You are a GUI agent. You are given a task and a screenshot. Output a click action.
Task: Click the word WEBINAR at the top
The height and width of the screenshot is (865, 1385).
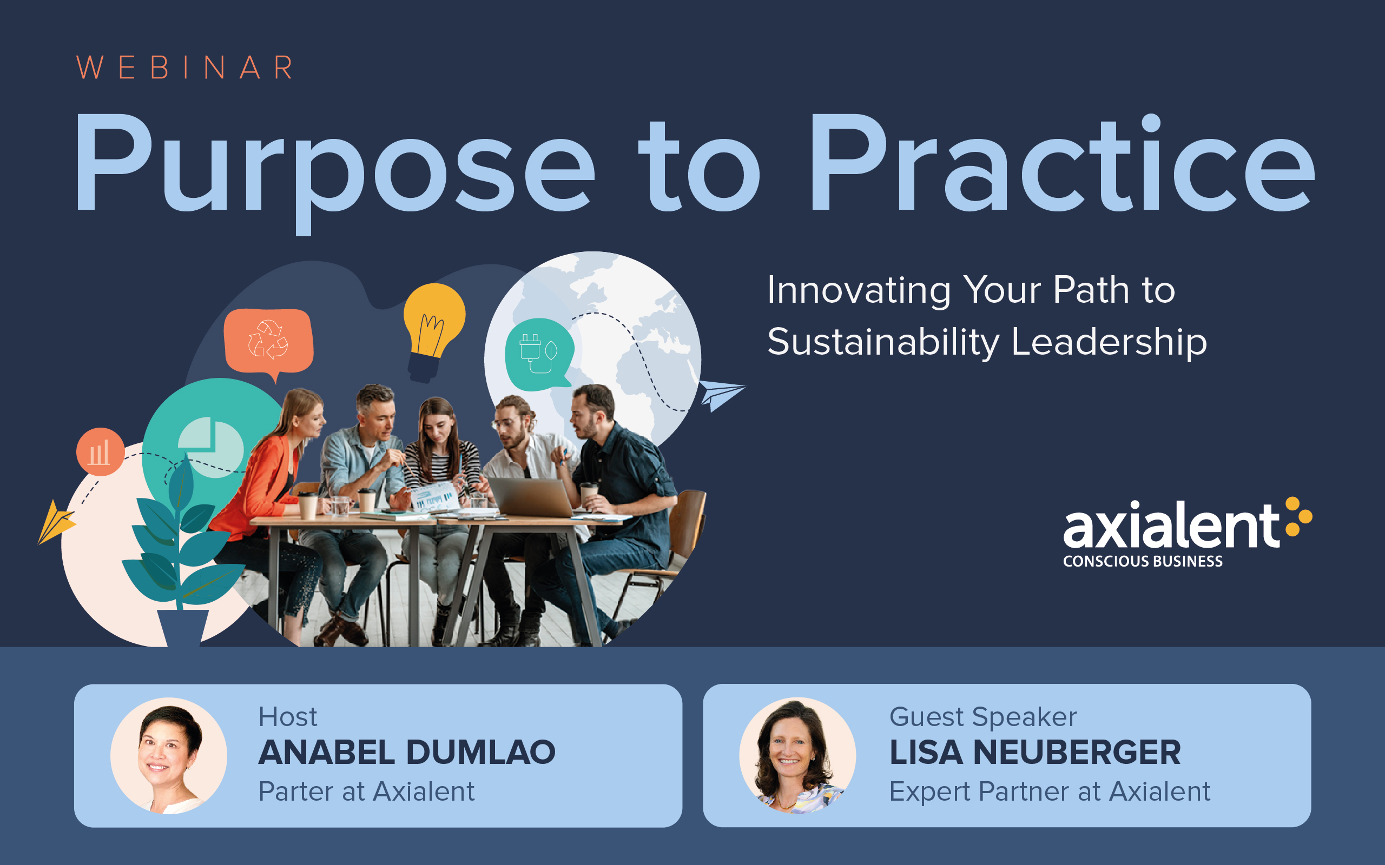185,68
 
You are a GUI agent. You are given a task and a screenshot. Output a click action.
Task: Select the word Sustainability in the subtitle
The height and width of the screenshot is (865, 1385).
883,343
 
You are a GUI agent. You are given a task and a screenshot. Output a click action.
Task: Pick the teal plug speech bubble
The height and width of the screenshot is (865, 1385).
538,355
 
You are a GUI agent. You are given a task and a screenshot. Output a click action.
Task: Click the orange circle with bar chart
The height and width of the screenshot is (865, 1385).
100,452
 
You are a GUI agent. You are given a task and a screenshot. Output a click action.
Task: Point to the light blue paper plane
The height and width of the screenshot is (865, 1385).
721,395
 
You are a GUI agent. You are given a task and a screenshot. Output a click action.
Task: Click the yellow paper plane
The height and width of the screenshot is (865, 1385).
56,522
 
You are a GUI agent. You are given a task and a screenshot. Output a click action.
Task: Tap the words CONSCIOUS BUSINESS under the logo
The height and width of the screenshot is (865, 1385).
1142,561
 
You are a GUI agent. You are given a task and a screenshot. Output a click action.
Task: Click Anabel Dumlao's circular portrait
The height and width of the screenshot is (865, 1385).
169,756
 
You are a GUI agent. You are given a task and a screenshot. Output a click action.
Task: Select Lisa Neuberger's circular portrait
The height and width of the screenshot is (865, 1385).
797,756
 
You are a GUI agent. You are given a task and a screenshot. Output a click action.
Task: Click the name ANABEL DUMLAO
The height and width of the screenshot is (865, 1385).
407,753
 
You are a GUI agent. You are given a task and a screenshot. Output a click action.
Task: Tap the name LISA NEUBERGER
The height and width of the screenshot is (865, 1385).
1035,753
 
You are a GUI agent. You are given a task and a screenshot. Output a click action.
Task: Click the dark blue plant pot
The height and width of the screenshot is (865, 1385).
183,628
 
